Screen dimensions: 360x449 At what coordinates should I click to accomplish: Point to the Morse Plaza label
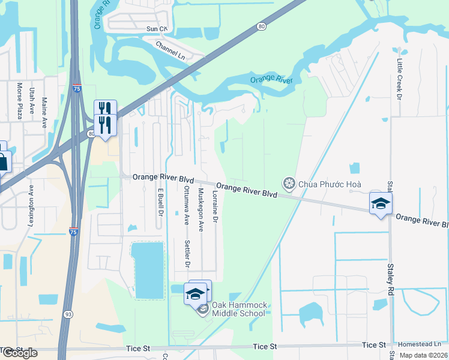[x=19, y=101]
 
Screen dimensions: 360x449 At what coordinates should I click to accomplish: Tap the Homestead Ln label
[x=423, y=344]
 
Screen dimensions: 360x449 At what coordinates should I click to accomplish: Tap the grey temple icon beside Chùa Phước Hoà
[x=289, y=183]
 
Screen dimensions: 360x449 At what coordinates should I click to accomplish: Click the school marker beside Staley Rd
[x=380, y=204]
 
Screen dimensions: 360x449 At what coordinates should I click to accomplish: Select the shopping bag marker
[x=2, y=161]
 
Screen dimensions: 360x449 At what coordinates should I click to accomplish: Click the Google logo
[x=19, y=353]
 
